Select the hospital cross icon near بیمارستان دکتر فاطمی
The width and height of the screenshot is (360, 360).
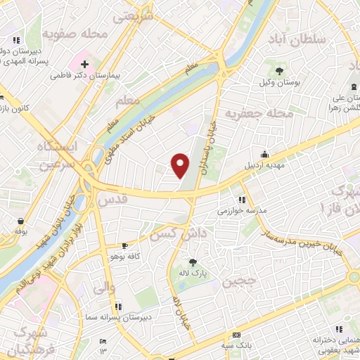[84, 63]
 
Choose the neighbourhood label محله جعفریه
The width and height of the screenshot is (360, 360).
[259, 113]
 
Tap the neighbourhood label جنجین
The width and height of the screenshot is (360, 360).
[240, 283]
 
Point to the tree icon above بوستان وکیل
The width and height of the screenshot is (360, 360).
[280, 71]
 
